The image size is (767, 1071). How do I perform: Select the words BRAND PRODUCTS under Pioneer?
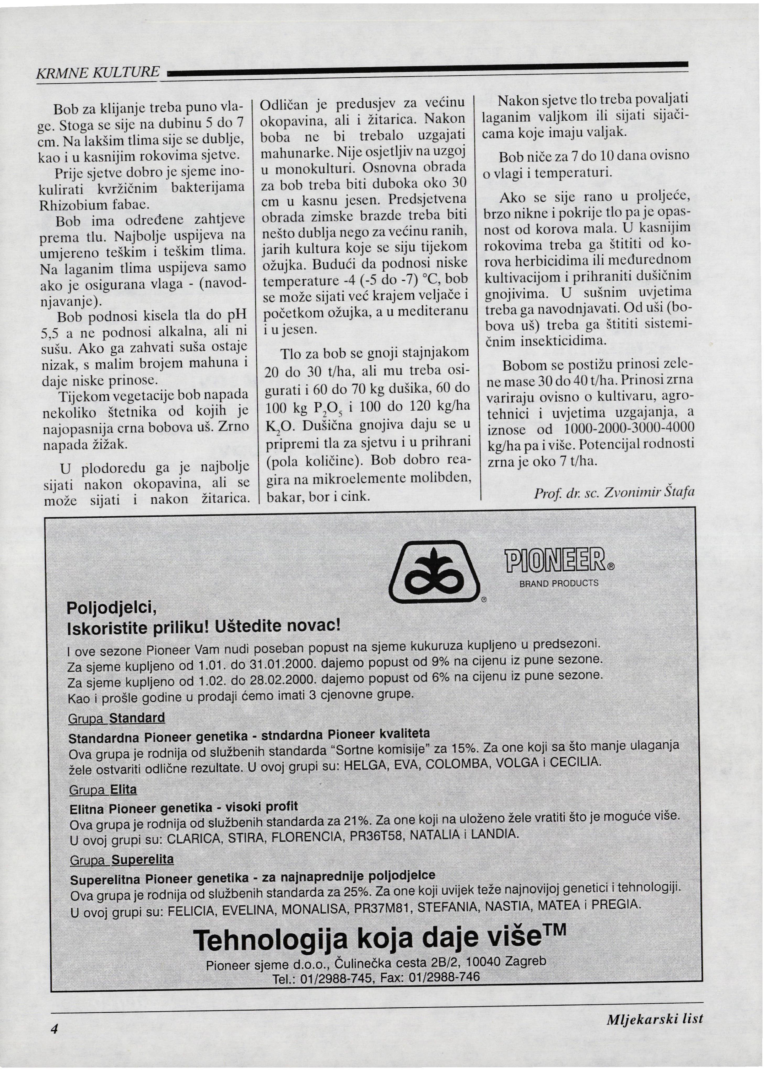click(x=559, y=583)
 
